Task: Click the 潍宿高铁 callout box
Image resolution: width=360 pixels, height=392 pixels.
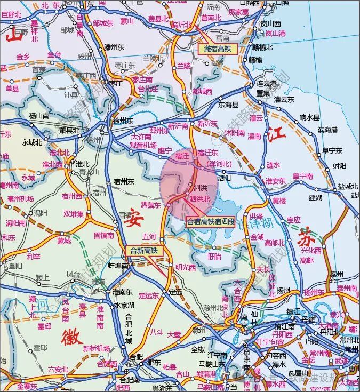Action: click(219, 49)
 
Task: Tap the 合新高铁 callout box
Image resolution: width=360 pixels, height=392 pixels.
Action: click(143, 250)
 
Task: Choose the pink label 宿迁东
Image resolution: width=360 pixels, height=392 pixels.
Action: click(207, 153)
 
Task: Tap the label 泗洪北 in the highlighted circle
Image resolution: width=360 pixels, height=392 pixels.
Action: click(200, 199)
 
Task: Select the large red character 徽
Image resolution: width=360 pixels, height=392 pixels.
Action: click(72, 337)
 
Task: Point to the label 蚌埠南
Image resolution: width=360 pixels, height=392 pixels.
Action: click(118, 266)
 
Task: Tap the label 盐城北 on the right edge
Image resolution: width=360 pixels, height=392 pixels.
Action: click(348, 186)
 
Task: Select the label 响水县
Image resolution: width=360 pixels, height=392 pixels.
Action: click(309, 118)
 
